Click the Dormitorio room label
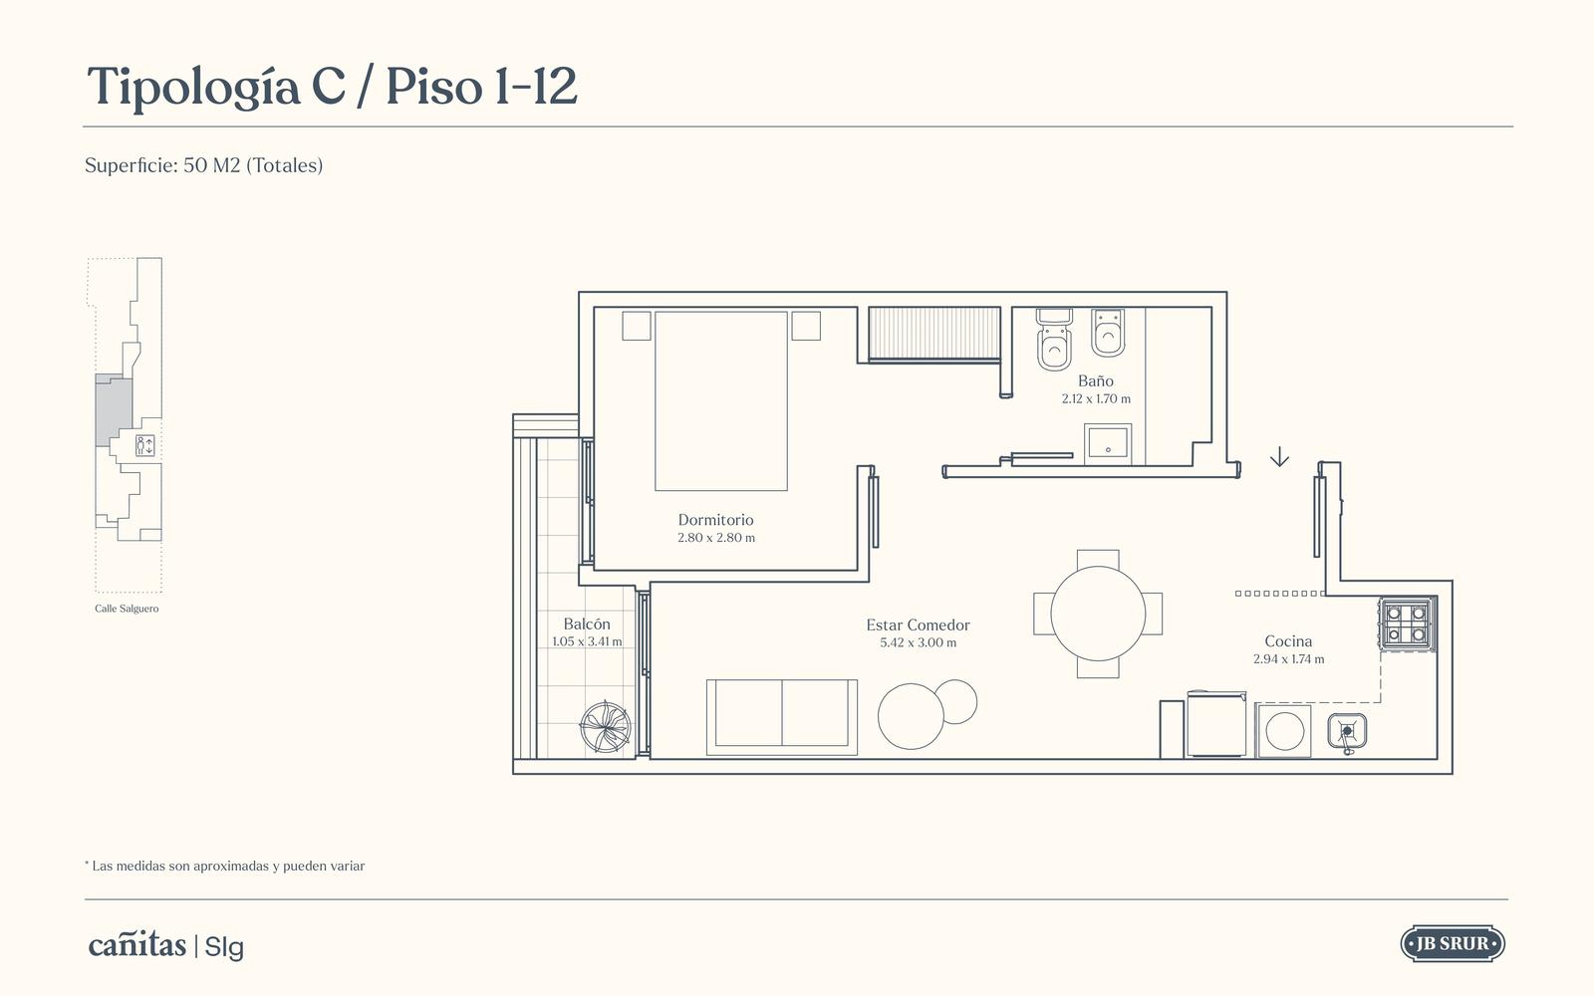coord(715,519)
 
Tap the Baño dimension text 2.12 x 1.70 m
coord(1096,399)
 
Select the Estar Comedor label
coord(918,624)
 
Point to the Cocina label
coord(1288,641)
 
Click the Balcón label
coord(587,623)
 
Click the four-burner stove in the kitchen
coord(1407,623)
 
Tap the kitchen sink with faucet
coord(1347,732)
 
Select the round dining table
coord(1098,614)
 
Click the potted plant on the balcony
coord(605,727)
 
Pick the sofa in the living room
coord(781,717)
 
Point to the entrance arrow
coord(1279,456)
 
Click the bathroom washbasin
coord(1107,441)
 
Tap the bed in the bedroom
coord(721,401)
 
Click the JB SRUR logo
coord(1453,944)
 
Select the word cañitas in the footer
coord(137,945)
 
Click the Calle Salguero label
coord(127,609)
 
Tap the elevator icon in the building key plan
coord(145,445)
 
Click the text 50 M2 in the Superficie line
coord(211,165)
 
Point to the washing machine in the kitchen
coord(1284,731)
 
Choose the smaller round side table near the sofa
coord(955,701)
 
